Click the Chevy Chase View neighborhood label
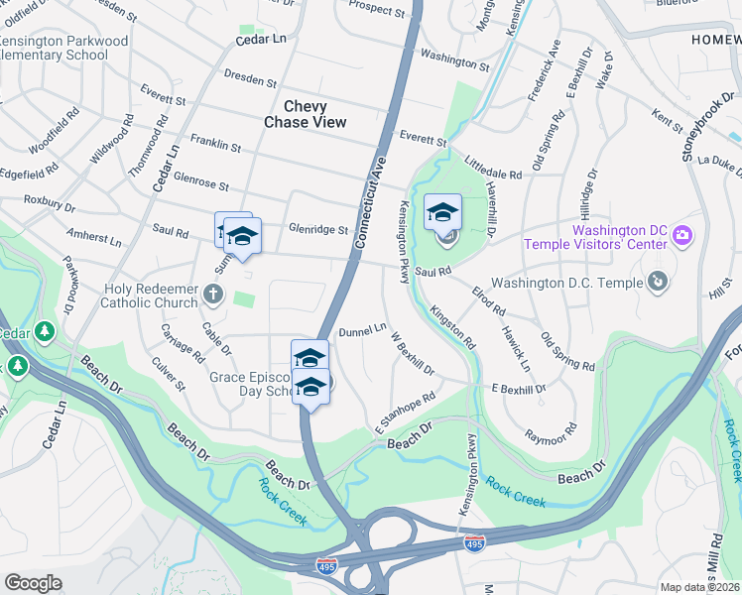[x=305, y=114]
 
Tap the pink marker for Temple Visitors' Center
[x=681, y=236]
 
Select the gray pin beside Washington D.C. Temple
[x=655, y=282]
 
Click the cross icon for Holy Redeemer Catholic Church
[x=212, y=294]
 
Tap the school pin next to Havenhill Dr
[x=443, y=211]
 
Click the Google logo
[x=33, y=583]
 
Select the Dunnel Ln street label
[x=362, y=330]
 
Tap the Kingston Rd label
[x=452, y=326]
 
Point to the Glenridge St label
[x=317, y=229]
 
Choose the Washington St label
[x=454, y=60]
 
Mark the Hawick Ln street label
[x=516, y=351]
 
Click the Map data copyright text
[x=700, y=587]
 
